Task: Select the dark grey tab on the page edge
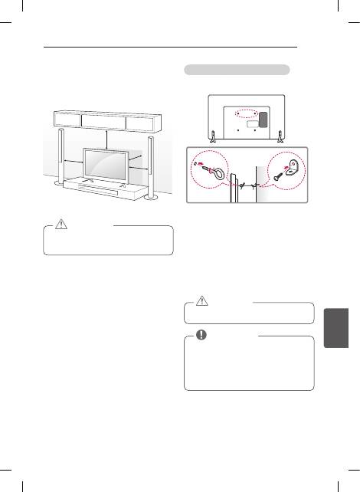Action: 339,337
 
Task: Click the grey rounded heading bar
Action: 237,69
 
